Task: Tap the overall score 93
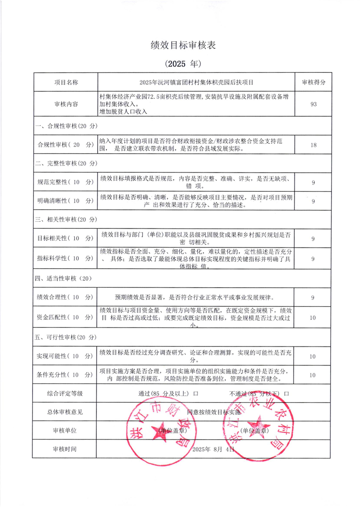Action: [x=313, y=104]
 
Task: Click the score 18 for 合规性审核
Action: [x=313, y=145]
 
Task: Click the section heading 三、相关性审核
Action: [x=66, y=219]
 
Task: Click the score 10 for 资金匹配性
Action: [x=313, y=318]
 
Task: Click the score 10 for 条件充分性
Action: [x=313, y=375]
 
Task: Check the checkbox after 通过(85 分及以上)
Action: [x=196, y=393]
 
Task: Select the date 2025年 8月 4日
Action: [x=213, y=450]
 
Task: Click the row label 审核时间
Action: [x=66, y=450]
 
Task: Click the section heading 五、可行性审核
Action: [x=66, y=338]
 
